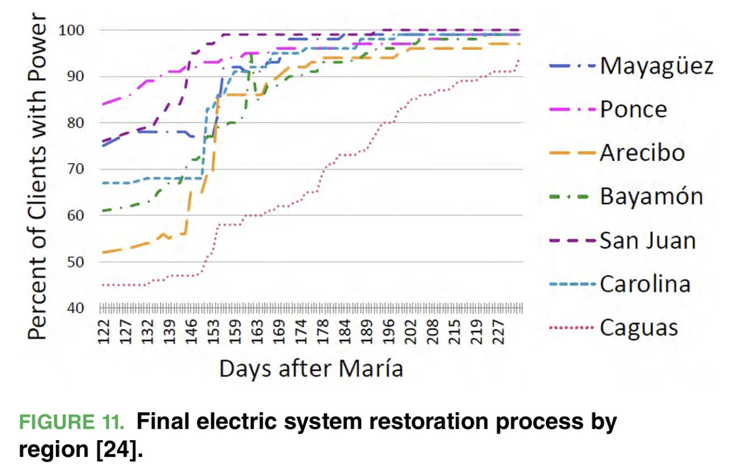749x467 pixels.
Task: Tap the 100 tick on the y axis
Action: [71, 31]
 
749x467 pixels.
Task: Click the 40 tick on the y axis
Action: [76, 308]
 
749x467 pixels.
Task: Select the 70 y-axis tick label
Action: [76, 169]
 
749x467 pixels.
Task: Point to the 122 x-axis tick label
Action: [104, 332]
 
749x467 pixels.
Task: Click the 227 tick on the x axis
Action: [498, 332]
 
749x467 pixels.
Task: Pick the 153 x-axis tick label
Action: [213, 332]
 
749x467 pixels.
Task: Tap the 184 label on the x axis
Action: [345, 332]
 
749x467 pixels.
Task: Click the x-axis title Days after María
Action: [311, 369]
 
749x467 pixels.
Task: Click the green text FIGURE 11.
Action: [71, 421]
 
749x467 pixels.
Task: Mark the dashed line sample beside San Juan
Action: [572, 240]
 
